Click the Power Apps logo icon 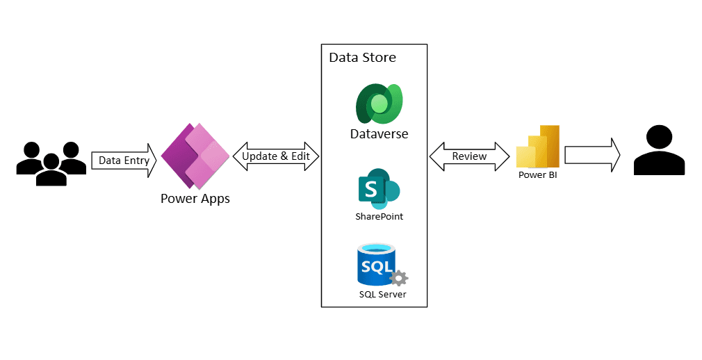tap(195, 156)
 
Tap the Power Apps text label tap(195, 199)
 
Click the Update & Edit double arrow tap(276, 156)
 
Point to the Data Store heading tap(362, 57)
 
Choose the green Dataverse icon tap(379, 104)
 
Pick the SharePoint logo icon tap(379, 188)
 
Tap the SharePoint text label tap(379, 217)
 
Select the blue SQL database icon tap(376, 264)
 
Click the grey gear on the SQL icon tap(399, 279)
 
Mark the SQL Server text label tap(382, 295)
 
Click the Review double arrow tap(470, 156)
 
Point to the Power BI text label tap(538, 175)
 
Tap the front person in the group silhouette tap(51, 170)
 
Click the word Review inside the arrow tap(470, 156)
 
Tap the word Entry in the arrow tap(136, 160)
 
